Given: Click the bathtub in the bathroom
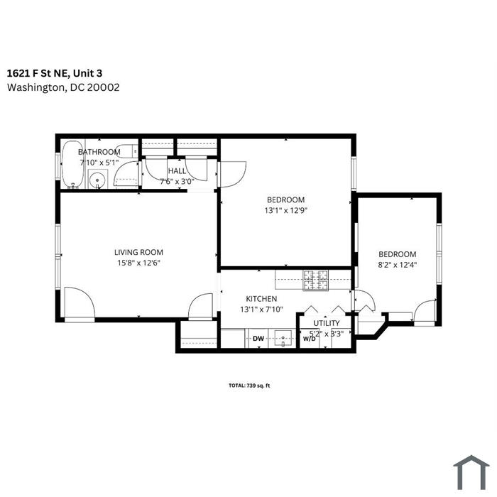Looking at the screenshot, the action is (x=72, y=164).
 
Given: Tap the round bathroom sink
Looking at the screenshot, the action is (x=97, y=180).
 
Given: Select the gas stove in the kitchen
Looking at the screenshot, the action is (x=315, y=280).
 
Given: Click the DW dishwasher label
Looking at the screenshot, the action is (x=258, y=338).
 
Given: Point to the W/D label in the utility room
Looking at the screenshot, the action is (x=310, y=339).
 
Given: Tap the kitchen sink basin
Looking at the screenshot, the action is (x=283, y=338).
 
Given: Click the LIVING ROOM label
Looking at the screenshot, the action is (x=139, y=252).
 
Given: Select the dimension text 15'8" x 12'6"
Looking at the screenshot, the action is (x=139, y=263).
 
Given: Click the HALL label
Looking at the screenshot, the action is (x=177, y=171).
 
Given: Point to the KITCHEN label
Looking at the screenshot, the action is (x=261, y=299).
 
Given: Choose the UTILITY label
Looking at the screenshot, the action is (x=327, y=323).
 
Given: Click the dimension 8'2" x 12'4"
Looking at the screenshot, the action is (x=397, y=265).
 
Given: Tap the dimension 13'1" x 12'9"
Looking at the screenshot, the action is (x=286, y=210).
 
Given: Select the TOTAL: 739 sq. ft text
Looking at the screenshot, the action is (x=249, y=386).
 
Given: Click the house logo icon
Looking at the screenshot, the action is (x=471, y=472).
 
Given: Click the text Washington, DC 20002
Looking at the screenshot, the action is (x=63, y=87).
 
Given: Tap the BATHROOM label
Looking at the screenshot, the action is (x=99, y=152).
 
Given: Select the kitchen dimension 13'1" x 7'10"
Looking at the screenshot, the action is (x=261, y=309).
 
